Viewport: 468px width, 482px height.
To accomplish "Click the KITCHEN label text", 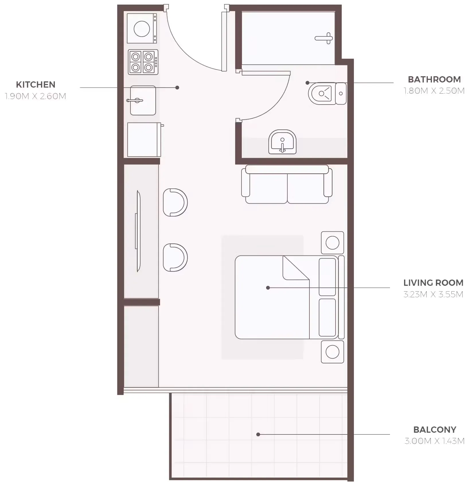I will pos(36,84).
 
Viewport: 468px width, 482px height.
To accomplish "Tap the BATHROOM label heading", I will pos(434,79).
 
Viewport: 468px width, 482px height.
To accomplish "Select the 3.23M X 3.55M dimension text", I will pos(433,294).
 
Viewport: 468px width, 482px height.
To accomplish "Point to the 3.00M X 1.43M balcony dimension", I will pos(434,441).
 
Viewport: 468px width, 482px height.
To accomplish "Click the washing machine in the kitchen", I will pos(142,29).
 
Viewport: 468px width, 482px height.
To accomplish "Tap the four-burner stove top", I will pos(143,62).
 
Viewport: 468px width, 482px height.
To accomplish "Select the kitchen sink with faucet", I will pos(143,101).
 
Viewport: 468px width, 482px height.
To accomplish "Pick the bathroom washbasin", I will pos(282,142).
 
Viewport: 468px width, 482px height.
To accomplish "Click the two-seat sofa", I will pos(287,185).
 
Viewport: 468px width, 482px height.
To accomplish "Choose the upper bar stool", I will pos(175,202).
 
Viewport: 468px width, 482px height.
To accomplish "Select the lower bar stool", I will pos(175,257).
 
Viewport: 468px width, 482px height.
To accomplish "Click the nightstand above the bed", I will pos(332,243).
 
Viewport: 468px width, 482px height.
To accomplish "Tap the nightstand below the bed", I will pos(332,352).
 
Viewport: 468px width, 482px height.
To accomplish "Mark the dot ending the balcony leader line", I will pos(258,434).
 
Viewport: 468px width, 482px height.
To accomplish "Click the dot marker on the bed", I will pos(268,288).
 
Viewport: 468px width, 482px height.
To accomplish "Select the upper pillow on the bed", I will pos(327,277).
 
